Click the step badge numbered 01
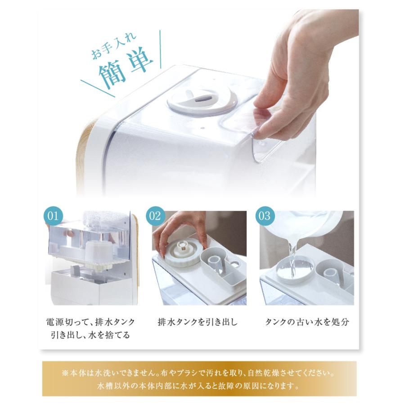[x=53, y=216]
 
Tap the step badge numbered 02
[x=155, y=216]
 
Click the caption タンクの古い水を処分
[x=307, y=322]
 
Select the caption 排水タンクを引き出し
[x=198, y=322]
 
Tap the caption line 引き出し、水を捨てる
[x=90, y=335]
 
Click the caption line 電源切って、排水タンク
[x=90, y=322]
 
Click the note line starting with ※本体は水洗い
[x=198, y=373]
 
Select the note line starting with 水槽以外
[x=198, y=387]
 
